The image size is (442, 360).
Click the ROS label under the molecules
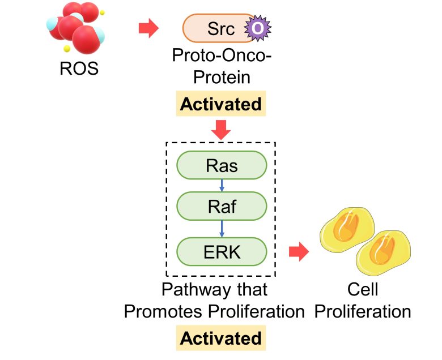(79, 69)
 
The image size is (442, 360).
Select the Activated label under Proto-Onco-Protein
(221, 104)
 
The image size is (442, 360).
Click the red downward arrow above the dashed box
(221, 131)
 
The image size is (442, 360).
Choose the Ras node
(222, 166)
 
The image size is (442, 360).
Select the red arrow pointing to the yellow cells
(299, 252)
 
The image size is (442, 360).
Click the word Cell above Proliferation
(363, 290)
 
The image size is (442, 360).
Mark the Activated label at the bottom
(221, 338)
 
